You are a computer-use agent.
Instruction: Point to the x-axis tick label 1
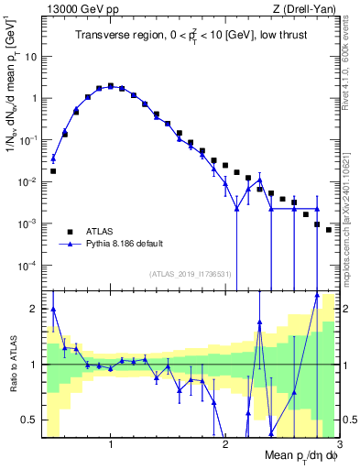tap(111, 444)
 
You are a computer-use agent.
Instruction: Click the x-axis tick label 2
tap(225, 444)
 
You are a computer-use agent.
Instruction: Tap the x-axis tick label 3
tap(338, 444)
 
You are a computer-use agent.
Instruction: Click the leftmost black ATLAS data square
tap(53, 171)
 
